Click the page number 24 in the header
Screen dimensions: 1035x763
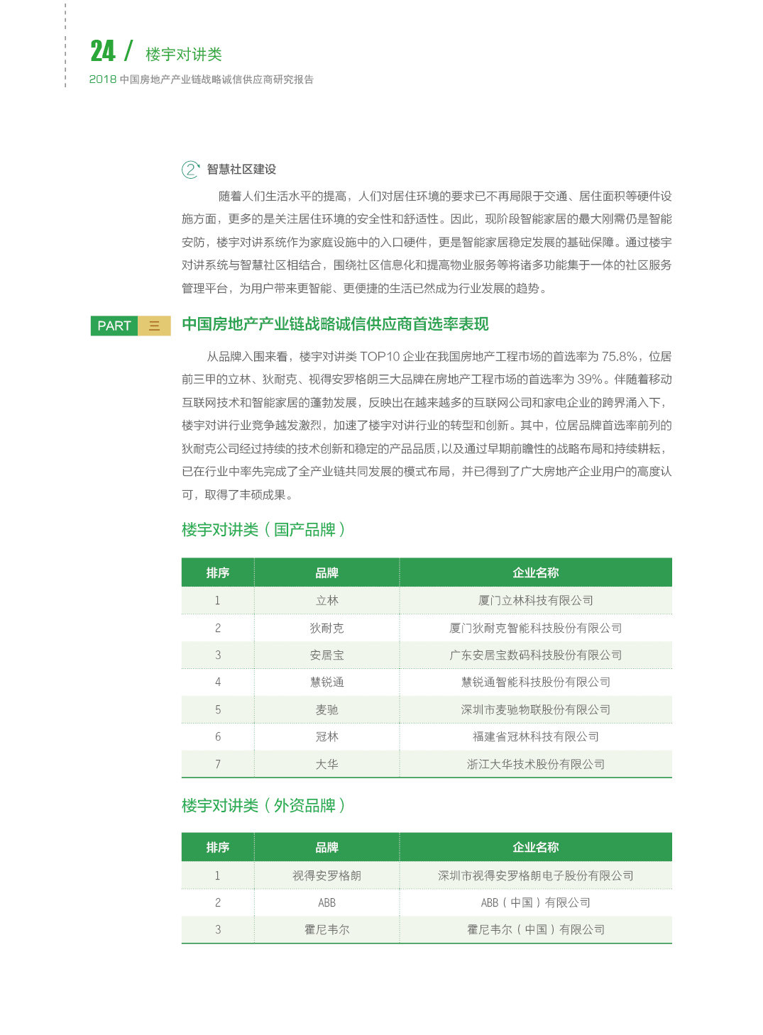point(102,51)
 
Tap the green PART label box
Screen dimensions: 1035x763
point(114,326)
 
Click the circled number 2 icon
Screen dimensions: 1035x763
point(190,170)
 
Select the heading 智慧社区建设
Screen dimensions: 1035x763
point(241,170)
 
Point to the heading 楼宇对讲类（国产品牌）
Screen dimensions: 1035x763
point(263,530)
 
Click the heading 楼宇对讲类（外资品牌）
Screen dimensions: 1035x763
point(263,806)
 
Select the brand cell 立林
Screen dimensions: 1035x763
point(326,601)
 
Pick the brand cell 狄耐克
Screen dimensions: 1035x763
point(326,629)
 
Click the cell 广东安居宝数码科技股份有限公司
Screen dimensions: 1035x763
point(535,655)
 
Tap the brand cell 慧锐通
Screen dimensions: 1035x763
point(326,682)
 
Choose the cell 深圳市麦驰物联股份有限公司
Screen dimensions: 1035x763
point(535,710)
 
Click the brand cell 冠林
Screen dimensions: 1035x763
point(326,737)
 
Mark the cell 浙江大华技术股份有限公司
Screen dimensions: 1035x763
point(535,765)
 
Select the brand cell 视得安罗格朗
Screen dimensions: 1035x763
point(326,876)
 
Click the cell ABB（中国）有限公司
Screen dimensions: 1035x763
point(535,903)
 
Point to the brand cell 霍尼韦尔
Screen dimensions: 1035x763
point(326,930)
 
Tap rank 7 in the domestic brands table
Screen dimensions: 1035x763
point(218,765)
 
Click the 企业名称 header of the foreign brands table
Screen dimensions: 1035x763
point(535,848)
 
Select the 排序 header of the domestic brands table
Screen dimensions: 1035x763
point(218,573)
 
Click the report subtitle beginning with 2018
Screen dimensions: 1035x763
point(201,79)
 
